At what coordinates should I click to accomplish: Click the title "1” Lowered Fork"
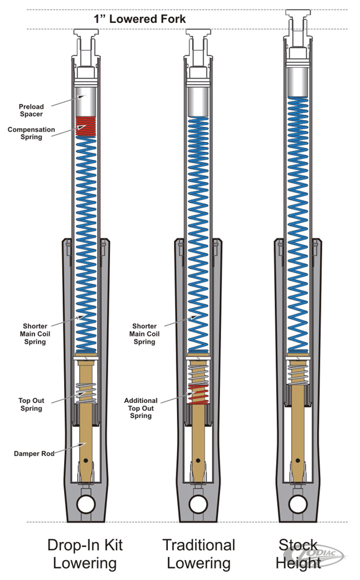tap(140, 19)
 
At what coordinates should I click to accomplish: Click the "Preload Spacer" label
tap(31, 110)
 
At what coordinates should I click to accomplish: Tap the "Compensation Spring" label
tap(31, 133)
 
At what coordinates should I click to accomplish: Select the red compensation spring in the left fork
tap(86, 126)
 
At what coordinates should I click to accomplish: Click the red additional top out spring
tap(198, 395)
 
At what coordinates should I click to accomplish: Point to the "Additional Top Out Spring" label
tap(141, 408)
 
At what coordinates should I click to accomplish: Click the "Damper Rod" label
tap(34, 454)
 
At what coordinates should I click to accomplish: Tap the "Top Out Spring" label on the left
tap(31, 404)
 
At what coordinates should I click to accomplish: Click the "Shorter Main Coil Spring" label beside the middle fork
tap(144, 333)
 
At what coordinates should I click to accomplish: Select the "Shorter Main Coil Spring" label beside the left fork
tap(35, 333)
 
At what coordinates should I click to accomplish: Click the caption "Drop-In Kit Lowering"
tap(85, 554)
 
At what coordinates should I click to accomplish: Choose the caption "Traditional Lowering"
tap(199, 554)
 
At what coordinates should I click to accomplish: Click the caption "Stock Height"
tap(298, 554)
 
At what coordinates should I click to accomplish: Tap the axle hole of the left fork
tap(86, 504)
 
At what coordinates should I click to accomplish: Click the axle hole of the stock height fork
tap(298, 504)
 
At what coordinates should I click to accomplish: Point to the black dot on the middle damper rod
tap(198, 460)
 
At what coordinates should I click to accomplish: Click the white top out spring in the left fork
tap(86, 393)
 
